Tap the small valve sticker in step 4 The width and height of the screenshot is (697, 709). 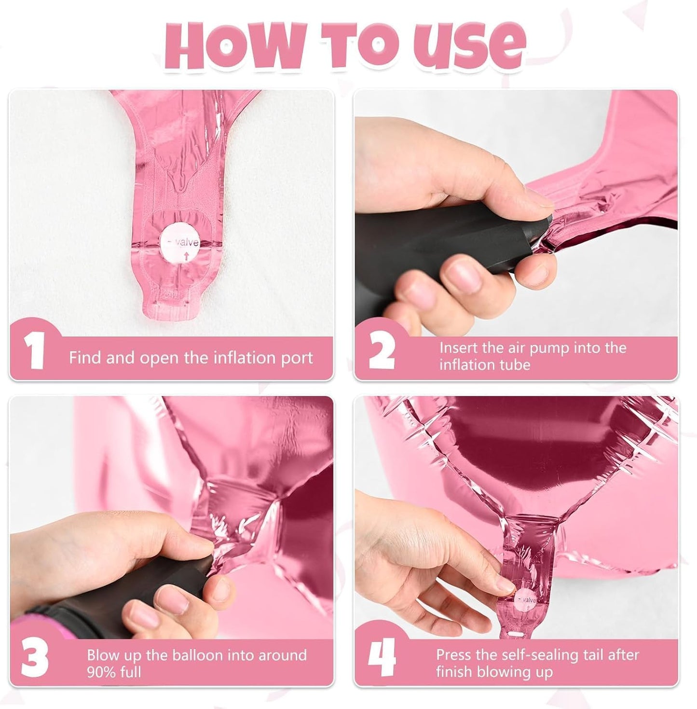(x=525, y=601)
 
